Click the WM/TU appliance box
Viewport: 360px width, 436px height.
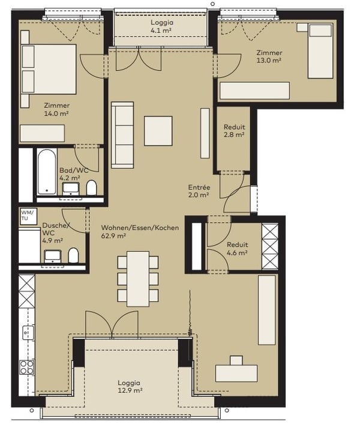28,216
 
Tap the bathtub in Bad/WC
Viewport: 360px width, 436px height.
47,172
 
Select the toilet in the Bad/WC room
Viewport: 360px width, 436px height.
91,188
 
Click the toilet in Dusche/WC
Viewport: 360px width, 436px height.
73,255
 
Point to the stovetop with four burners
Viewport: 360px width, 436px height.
27,367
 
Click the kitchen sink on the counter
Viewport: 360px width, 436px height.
28,333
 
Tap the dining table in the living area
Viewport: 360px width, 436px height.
138,279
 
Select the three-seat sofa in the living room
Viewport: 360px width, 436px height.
122,135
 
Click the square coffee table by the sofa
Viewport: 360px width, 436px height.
158,131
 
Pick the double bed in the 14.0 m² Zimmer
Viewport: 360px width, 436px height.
49,69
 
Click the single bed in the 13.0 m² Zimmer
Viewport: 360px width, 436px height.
320,51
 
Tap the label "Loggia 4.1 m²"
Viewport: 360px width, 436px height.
161,26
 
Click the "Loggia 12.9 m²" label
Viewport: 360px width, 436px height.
130,387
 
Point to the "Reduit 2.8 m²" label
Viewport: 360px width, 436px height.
234,131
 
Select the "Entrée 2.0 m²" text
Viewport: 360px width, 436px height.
199,191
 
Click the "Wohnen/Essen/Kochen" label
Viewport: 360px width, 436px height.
140,228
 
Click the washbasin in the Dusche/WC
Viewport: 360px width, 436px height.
53,256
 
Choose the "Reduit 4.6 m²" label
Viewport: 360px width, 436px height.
237,249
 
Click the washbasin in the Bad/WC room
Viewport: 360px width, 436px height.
71,188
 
